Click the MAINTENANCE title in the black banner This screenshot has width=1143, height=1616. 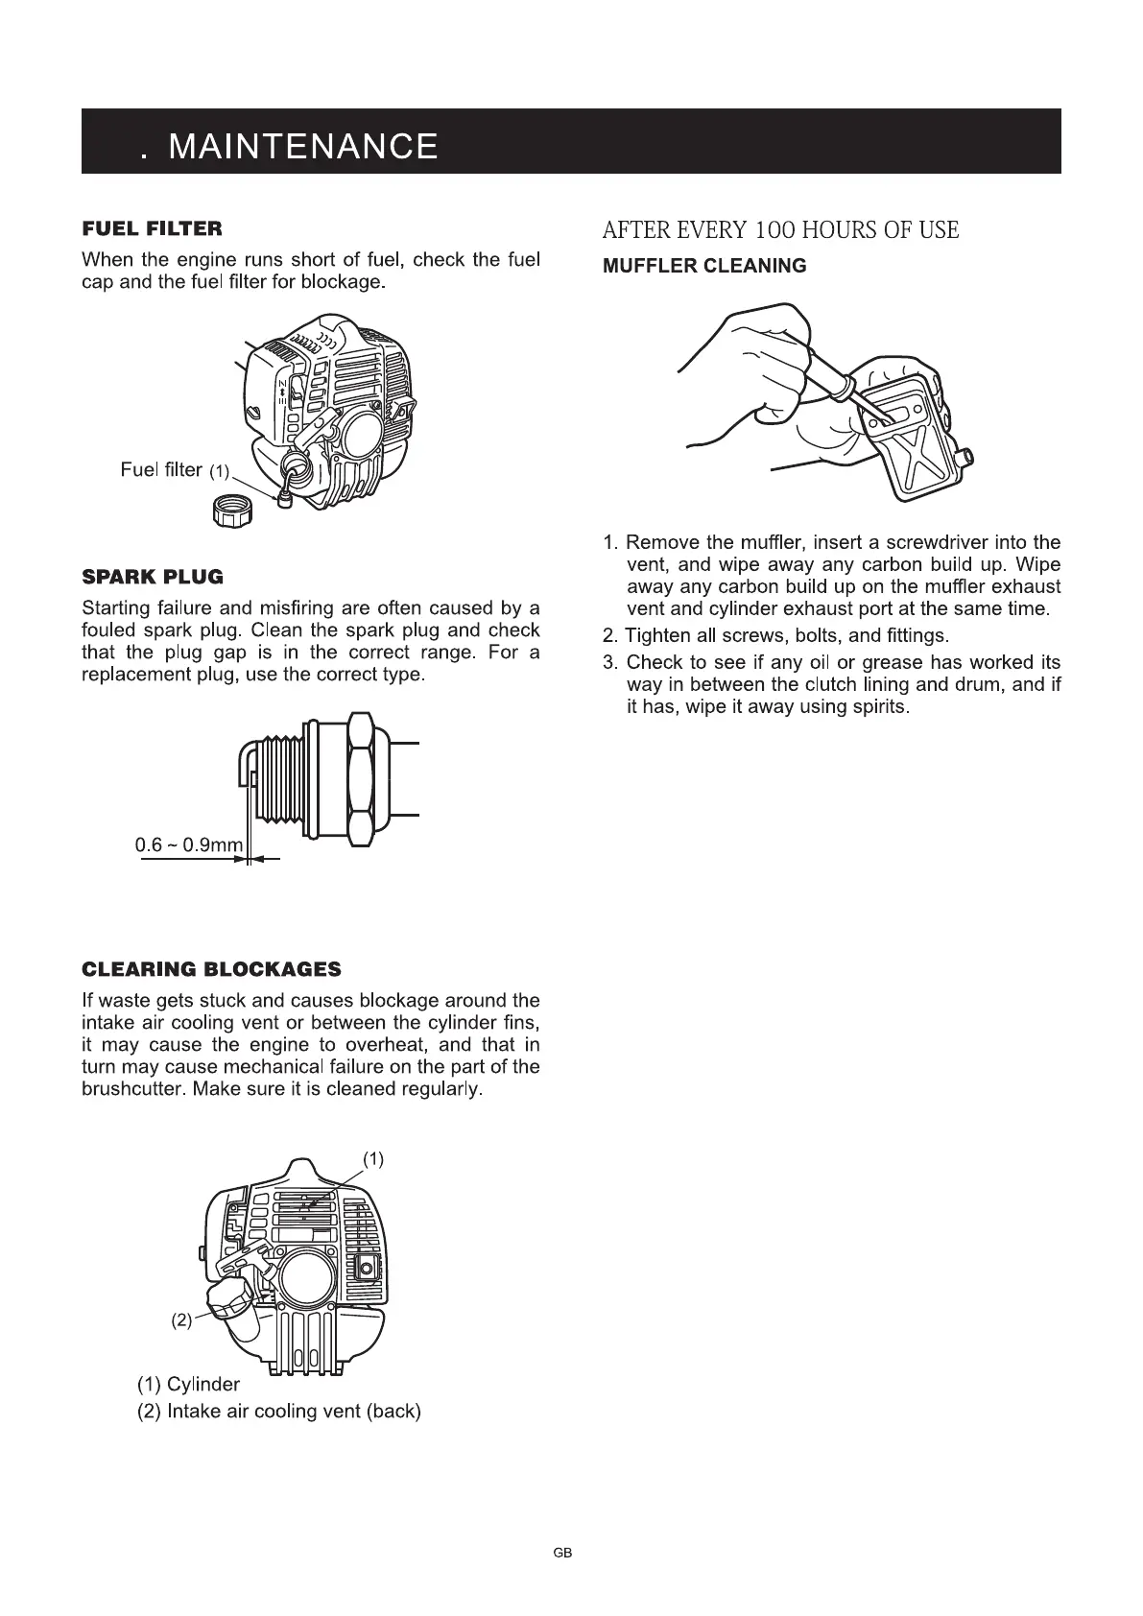point(302,146)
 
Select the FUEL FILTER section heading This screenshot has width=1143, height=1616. point(152,228)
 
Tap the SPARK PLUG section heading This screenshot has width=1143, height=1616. point(153,577)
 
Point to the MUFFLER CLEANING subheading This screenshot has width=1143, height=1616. point(704,266)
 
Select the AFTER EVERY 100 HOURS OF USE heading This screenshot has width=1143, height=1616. point(780,230)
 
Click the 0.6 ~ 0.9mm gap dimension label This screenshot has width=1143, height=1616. point(189,845)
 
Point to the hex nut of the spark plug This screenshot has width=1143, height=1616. point(360,779)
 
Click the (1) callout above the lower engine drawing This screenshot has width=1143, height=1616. point(373,1159)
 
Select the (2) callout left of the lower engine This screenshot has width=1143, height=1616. point(181,1319)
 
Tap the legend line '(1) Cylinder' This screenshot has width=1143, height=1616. point(189,1384)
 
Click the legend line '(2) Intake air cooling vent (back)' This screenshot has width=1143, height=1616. point(279,1412)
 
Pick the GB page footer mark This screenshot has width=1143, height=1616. point(562,1552)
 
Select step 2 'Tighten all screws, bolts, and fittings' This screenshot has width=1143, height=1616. point(775,636)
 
